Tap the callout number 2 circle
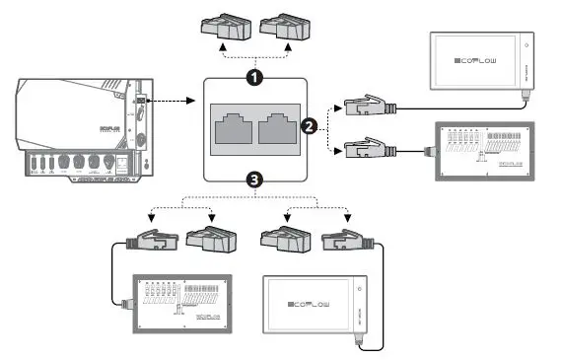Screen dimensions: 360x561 coord(308,126)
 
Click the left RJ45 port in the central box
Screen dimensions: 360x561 coord(234,128)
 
